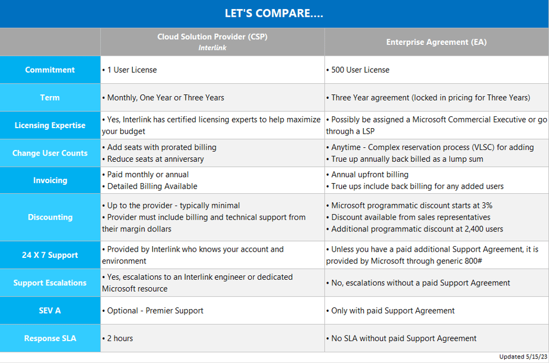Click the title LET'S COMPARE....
tap(274, 13)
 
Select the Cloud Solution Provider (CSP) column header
tap(212, 37)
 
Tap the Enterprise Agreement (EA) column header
tap(436, 42)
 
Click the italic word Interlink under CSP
tap(212, 48)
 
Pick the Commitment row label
tap(50, 70)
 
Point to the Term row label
tap(50, 98)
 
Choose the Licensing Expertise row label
tap(50, 125)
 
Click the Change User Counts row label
tap(50, 153)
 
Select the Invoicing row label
tap(50, 180)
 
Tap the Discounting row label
tap(50, 217)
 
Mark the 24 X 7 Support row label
tap(50, 255)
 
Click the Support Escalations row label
tap(50, 283)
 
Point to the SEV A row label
tap(50, 310)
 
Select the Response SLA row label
tap(50, 338)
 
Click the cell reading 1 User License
tap(130, 70)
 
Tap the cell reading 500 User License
tap(357, 70)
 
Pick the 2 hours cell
tap(118, 338)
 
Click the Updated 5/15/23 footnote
tap(523, 357)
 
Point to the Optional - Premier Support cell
tap(153, 311)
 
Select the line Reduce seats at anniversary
tap(153, 159)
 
